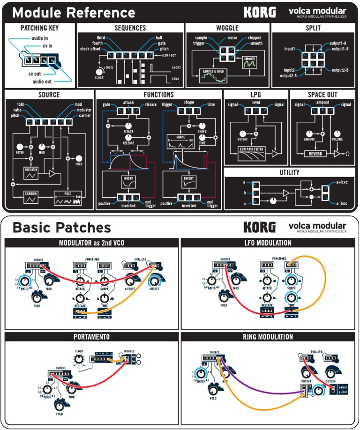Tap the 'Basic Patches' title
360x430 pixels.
pyautogui.click(x=61, y=228)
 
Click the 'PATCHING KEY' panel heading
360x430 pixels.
pyautogui.click(x=40, y=28)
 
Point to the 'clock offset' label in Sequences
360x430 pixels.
pyautogui.click(x=91, y=49)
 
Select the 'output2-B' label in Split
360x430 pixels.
pyautogui.click(x=340, y=70)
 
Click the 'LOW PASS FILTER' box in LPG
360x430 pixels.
pyautogui.click(x=251, y=151)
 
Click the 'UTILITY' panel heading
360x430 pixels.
pyautogui.click(x=289, y=172)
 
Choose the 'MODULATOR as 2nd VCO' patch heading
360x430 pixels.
pyautogui.click(x=91, y=243)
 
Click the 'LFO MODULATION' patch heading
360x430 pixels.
pyautogui.click(x=268, y=243)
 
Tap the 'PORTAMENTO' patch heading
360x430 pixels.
pyautogui.click(x=91, y=337)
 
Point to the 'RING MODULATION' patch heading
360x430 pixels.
pyautogui.click(x=268, y=337)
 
